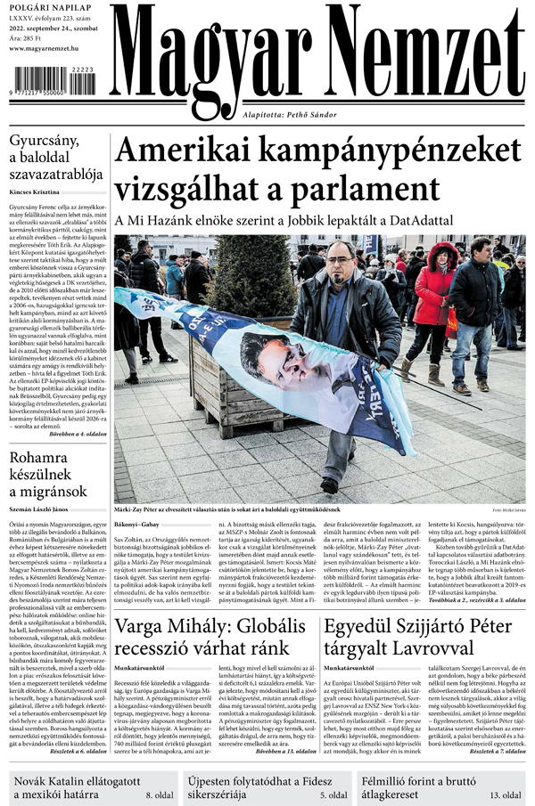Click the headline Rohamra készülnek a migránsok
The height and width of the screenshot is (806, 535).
[53, 477]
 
